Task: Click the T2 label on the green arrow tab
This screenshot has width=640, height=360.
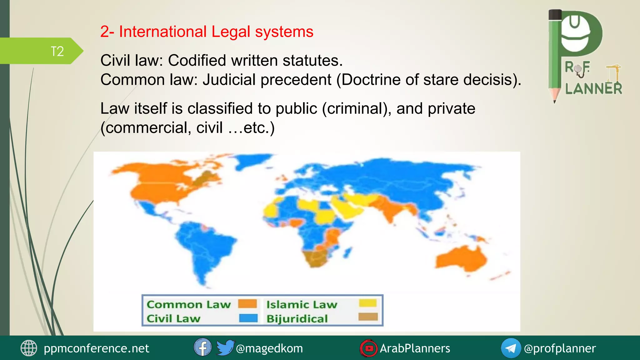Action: (57, 51)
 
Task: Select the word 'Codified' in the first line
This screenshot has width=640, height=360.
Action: (222, 60)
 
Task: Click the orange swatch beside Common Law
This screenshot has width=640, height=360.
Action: (247, 304)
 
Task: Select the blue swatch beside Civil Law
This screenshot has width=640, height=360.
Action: (248, 318)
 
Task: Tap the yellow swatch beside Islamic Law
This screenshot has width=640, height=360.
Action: (368, 303)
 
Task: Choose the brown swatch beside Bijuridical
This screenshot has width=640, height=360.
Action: (368, 317)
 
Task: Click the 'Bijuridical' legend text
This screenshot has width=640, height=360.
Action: (297, 319)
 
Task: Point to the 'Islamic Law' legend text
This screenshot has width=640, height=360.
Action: (302, 304)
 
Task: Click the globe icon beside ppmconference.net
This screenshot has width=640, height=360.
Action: (29, 348)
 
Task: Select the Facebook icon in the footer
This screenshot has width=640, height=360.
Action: (202, 347)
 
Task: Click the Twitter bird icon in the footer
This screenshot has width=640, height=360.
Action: (225, 347)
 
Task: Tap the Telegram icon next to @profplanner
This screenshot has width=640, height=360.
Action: (511, 348)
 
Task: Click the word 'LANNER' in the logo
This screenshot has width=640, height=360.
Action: (593, 89)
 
